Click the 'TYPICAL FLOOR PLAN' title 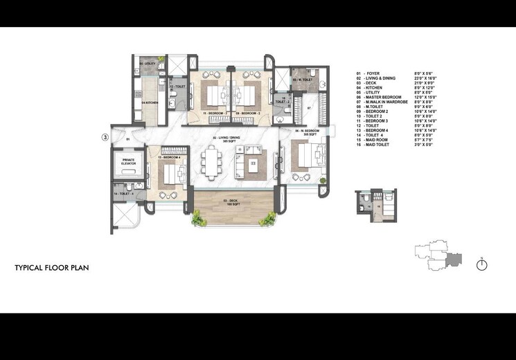[x=51, y=267]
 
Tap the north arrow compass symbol [x=482, y=264]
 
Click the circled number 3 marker [x=105, y=137]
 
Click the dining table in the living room [x=212, y=163]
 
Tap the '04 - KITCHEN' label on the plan [x=150, y=103]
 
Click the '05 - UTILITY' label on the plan [x=146, y=64]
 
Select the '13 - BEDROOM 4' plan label [x=169, y=159]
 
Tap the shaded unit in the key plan [x=454, y=258]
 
